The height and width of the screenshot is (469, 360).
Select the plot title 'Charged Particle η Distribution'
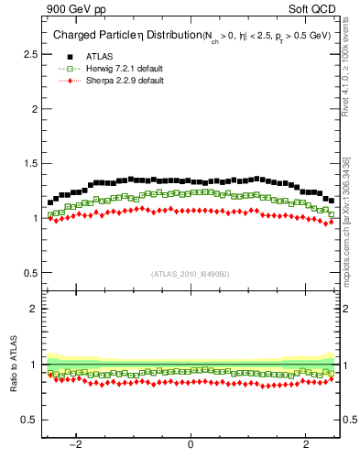pyautogui.click(x=117, y=37)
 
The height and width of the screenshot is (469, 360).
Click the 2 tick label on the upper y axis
pyautogui.click(x=34, y=109)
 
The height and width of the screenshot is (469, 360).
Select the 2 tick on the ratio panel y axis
pyautogui.click(x=34, y=309)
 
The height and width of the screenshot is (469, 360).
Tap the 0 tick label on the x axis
pyautogui.click(x=191, y=445)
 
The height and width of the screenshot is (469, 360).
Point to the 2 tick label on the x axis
pyautogui.click(x=305, y=445)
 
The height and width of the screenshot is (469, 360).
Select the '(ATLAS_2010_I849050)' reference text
pyautogui.click(x=191, y=274)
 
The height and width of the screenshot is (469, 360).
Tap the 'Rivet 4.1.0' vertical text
pyautogui.click(x=350, y=82)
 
